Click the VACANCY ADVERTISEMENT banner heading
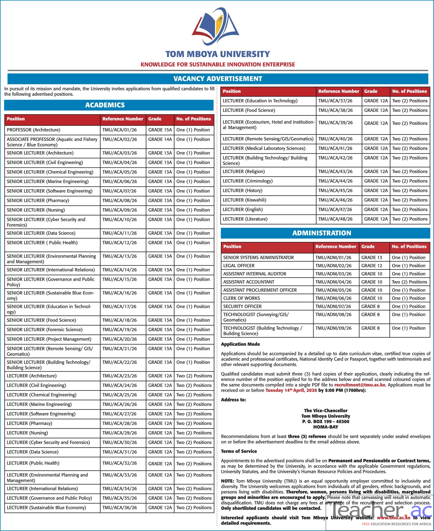click(218, 79)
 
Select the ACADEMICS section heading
click(105, 105)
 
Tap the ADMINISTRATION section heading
click(322, 233)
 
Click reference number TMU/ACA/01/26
click(120, 130)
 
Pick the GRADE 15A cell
click(160, 130)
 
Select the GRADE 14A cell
click(160, 139)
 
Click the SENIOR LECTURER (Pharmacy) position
click(38, 200)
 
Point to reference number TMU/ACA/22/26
click(120, 362)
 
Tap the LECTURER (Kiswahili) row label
click(244, 200)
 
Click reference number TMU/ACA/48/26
click(335, 219)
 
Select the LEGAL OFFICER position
click(239, 265)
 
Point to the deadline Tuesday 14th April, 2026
click(291, 390)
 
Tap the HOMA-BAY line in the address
click(325, 427)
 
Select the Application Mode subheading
click(240, 344)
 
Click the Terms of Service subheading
click(239, 451)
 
